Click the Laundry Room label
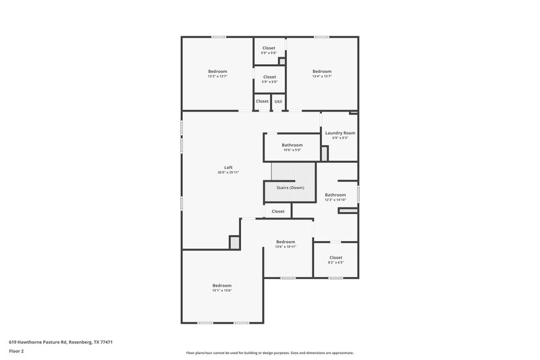tap(340, 133)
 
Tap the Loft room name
tap(228, 168)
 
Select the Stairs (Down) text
tap(290, 187)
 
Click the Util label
tap(278, 101)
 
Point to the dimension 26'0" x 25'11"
tap(228, 173)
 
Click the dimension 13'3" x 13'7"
tap(217, 76)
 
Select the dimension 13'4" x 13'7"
tap(322, 76)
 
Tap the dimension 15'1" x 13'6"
tap(222, 290)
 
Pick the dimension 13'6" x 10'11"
tap(286, 247)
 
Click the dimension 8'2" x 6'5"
tap(335, 263)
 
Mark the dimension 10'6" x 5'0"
tap(292, 150)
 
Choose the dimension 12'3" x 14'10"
tap(335, 200)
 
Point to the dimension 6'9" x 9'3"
tap(340, 138)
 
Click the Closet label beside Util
tap(262, 101)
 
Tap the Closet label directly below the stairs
tap(278, 211)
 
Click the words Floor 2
tap(17, 351)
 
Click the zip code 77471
tap(106, 342)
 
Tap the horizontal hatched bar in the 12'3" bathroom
tap(347, 211)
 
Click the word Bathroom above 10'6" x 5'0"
tap(292, 145)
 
